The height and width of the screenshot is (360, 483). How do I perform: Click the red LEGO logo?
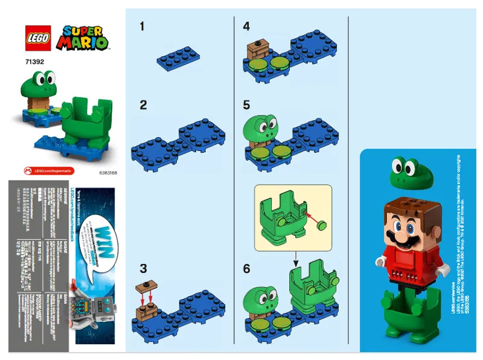point(34,37)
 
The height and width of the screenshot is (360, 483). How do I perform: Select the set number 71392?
point(34,62)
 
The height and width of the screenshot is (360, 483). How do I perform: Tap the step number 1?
point(142,27)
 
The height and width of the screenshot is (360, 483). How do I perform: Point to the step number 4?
point(246,27)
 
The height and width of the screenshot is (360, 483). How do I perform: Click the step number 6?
point(246,268)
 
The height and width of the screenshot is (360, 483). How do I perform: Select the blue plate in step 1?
point(178,59)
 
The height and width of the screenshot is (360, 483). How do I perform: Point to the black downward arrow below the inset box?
point(296,260)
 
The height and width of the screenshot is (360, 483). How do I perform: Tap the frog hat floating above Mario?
point(405,173)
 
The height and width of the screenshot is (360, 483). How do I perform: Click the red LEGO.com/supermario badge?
point(49,171)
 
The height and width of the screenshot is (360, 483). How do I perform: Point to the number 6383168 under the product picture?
point(106,172)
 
